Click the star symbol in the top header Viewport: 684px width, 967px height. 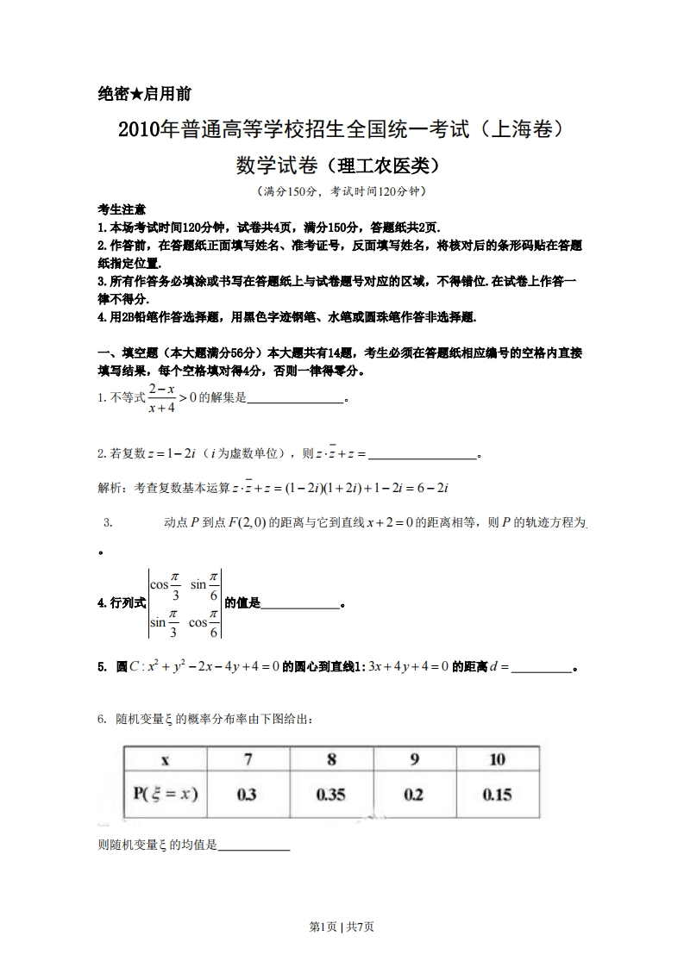click(135, 95)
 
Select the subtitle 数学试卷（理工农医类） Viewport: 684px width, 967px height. click(342, 164)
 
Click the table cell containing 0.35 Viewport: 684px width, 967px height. click(330, 795)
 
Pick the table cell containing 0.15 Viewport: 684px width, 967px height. click(497, 795)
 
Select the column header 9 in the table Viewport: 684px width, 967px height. click(414, 759)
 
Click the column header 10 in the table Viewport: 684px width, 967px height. click(497, 759)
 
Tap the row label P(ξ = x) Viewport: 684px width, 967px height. click(165, 795)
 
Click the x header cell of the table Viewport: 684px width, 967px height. click(165, 759)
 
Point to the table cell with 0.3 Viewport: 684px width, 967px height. click(247, 795)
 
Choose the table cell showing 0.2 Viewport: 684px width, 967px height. click(414, 795)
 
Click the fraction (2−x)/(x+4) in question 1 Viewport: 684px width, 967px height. click(162, 397)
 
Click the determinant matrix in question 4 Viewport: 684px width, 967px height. click(185, 603)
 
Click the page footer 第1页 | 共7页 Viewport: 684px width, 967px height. click(342, 926)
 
